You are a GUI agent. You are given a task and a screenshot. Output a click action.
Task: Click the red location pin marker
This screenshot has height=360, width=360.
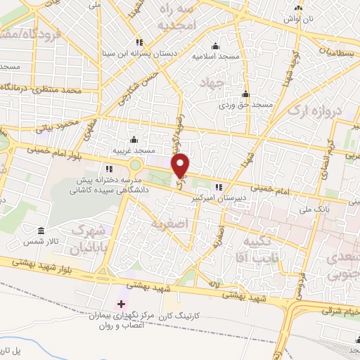(x=181, y=165)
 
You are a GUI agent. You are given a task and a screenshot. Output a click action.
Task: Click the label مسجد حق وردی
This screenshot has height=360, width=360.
(x=245, y=105)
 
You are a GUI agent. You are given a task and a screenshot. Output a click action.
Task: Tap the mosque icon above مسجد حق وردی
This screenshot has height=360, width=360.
(x=245, y=94)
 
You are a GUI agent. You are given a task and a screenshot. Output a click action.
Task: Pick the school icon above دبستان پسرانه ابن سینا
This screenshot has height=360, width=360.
(x=141, y=41)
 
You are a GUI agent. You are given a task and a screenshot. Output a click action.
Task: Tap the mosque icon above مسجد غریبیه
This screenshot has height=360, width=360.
(x=134, y=140)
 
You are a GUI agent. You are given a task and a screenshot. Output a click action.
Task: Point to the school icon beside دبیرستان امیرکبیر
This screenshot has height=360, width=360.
(x=219, y=186)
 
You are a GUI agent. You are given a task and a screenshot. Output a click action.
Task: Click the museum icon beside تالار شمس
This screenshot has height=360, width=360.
(x=41, y=231)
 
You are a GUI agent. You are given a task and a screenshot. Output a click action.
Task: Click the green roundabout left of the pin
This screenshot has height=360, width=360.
(x=134, y=165)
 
